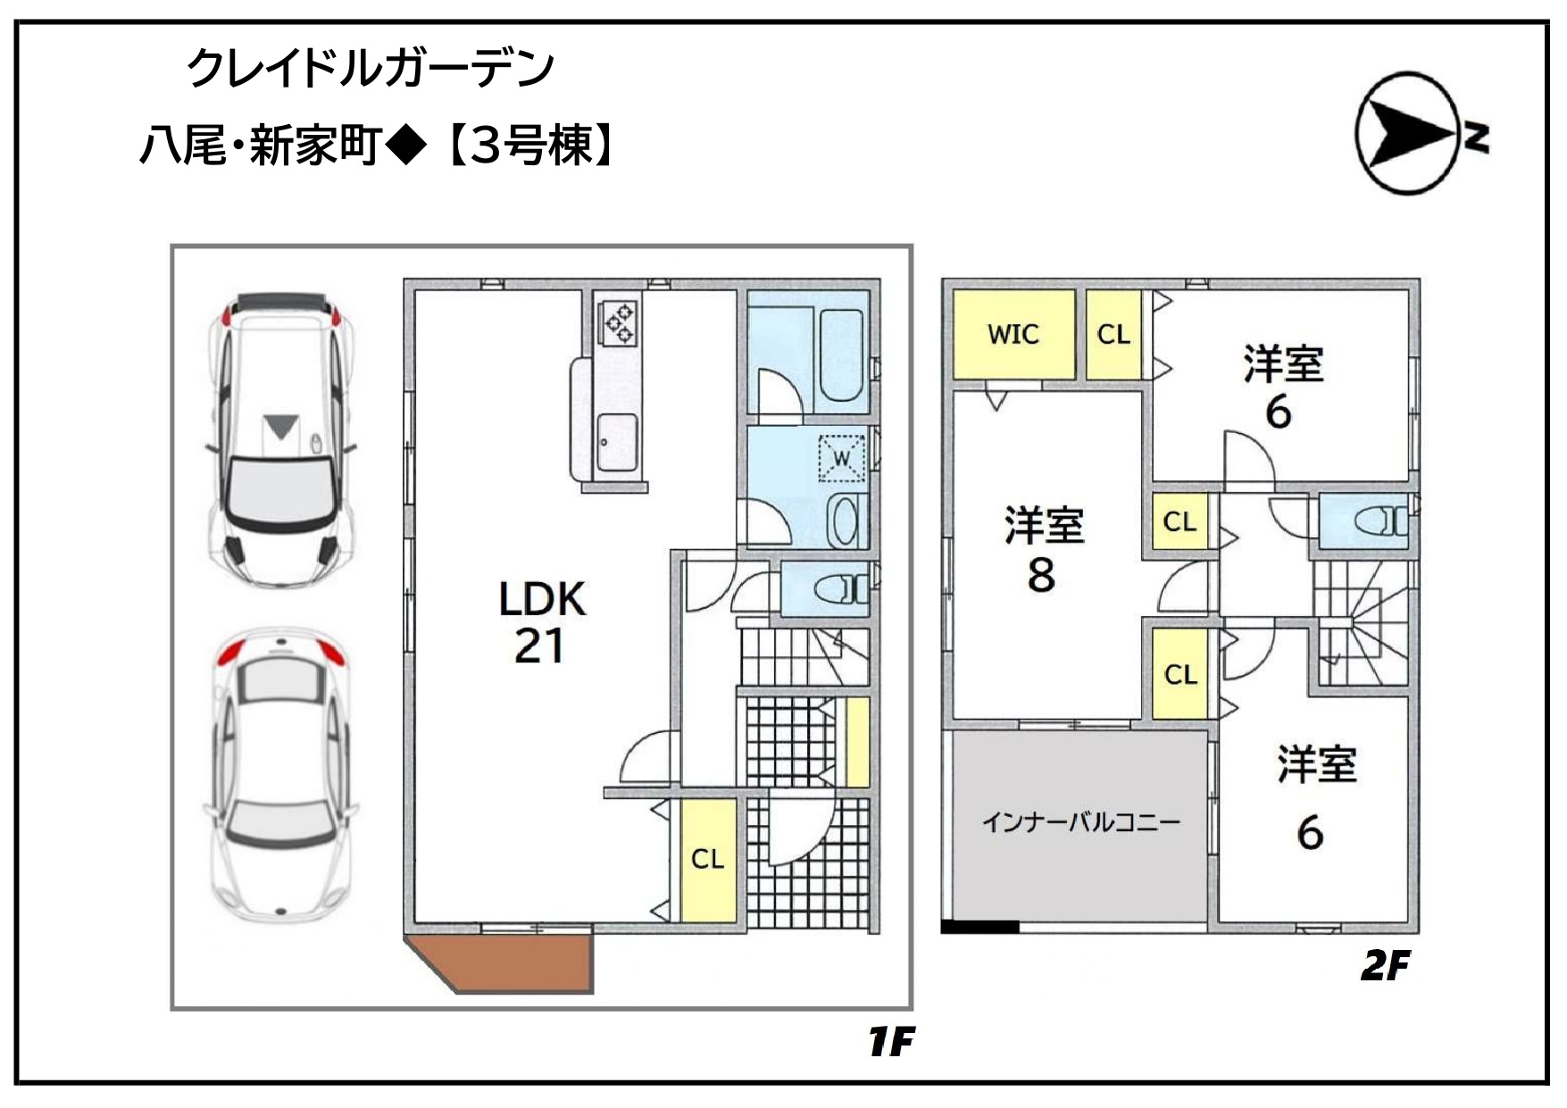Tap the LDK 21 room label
click(x=541, y=622)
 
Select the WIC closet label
click(x=1013, y=334)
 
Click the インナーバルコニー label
click(x=1080, y=821)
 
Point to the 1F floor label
click(x=891, y=1041)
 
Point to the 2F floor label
click(x=1385, y=965)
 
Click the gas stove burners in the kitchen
click(x=619, y=321)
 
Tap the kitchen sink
click(x=616, y=441)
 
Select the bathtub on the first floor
click(x=840, y=355)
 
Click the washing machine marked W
click(x=842, y=458)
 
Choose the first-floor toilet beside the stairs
click(x=840, y=590)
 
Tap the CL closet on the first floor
click(x=708, y=859)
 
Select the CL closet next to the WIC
click(x=1113, y=334)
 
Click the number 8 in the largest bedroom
click(x=1041, y=576)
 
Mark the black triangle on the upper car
click(x=280, y=426)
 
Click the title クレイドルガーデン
click(x=371, y=69)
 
